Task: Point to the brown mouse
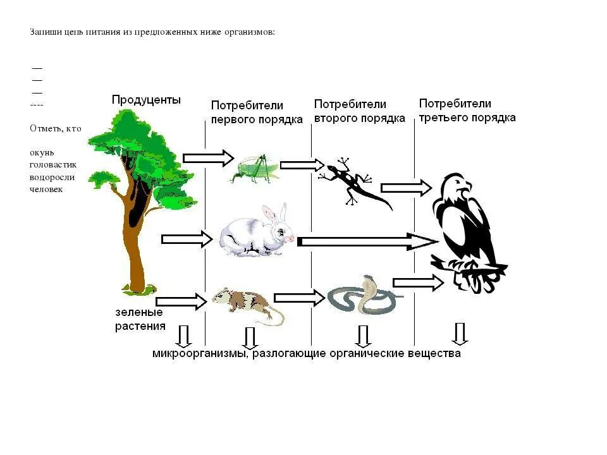point(243,302)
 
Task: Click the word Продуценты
point(146,100)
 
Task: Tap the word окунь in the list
point(42,153)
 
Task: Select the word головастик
point(52,165)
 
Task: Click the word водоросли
point(51,177)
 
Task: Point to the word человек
point(46,189)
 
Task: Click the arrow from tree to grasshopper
point(208,159)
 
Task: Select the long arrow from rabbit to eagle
point(367,241)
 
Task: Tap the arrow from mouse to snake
point(299,298)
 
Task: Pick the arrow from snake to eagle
point(418,284)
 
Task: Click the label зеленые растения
point(140,319)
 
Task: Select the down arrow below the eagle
point(460,333)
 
